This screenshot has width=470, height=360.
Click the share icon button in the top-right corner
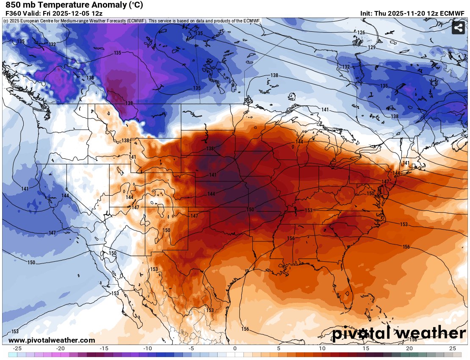[x=458, y=28]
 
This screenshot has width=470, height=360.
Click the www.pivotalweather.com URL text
[x=52, y=340]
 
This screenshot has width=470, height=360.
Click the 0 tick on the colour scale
[x=235, y=348]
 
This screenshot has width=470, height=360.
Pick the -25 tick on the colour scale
[x=17, y=348]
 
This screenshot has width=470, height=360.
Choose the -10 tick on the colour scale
[x=147, y=348]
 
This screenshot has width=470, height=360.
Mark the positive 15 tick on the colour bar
[x=365, y=348]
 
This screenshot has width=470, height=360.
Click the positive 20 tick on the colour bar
[x=409, y=348]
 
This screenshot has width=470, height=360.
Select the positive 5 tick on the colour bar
[x=278, y=348]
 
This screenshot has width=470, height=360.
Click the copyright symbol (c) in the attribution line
[x=6, y=21]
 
